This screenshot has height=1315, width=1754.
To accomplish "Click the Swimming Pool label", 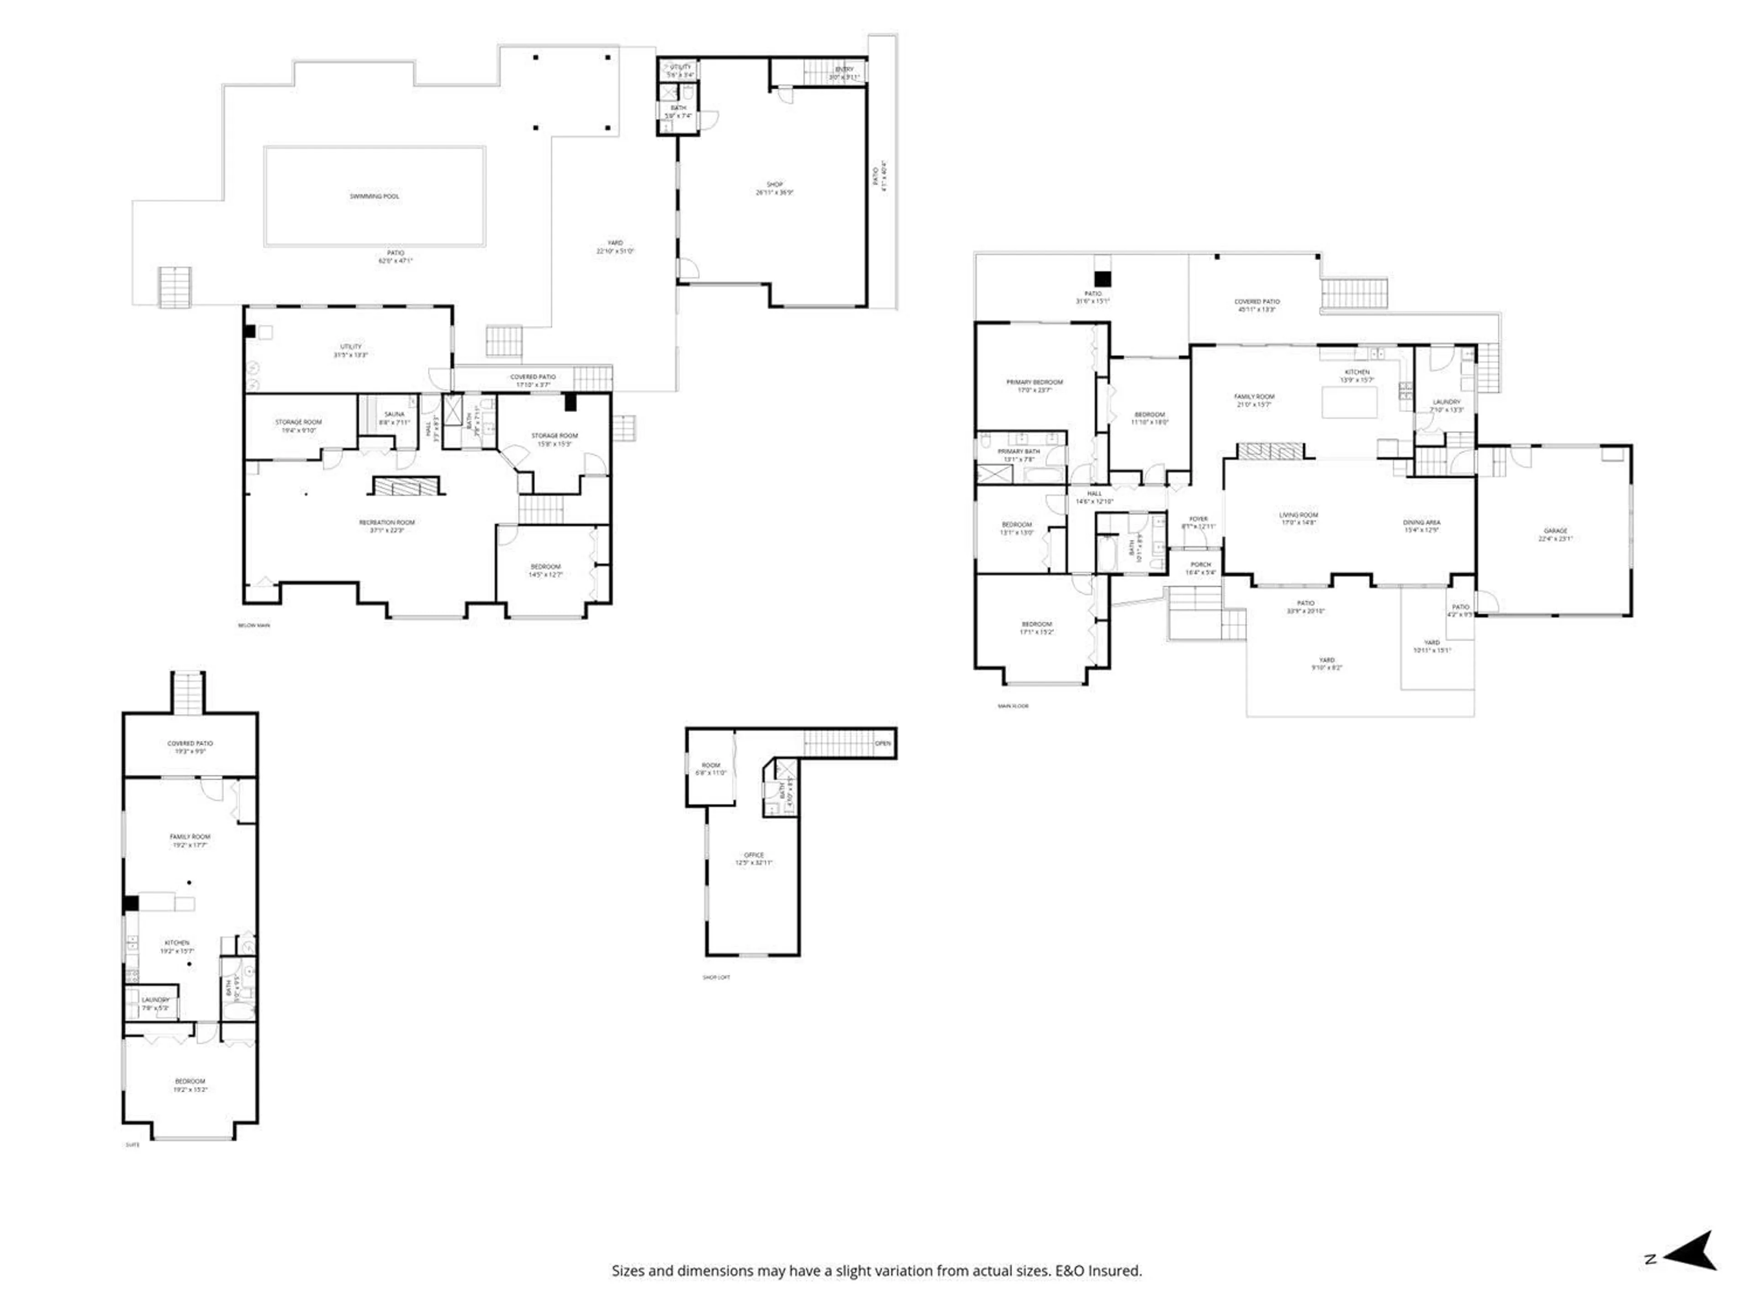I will (374, 196).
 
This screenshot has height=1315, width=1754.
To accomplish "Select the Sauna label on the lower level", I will (394, 414).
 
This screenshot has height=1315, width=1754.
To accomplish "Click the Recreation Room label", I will (387, 522).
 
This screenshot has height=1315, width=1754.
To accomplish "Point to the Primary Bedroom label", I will (1034, 382).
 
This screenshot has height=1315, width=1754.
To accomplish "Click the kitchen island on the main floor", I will (1349, 402).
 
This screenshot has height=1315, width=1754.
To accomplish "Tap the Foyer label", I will (1198, 518).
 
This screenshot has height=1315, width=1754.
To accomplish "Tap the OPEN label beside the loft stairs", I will (882, 743).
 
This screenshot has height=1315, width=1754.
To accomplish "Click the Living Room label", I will (1298, 515).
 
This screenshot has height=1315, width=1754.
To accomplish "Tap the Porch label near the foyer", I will (1200, 564).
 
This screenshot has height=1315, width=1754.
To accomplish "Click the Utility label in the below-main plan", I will (350, 347).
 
